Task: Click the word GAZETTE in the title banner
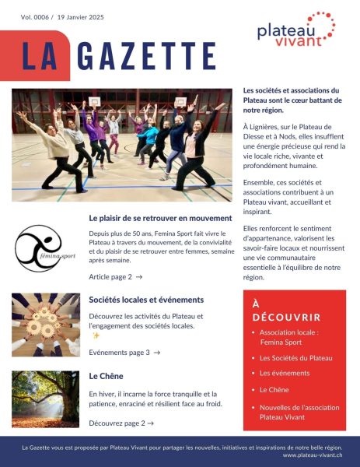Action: point(146,55)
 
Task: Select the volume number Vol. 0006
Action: point(32,17)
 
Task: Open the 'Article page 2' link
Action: point(115,276)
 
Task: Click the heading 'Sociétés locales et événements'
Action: point(146,300)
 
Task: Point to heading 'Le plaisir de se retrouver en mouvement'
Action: point(160,218)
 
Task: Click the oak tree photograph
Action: point(45,399)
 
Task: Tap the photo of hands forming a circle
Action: point(45,325)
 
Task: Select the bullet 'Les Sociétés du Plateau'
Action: point(295,358)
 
